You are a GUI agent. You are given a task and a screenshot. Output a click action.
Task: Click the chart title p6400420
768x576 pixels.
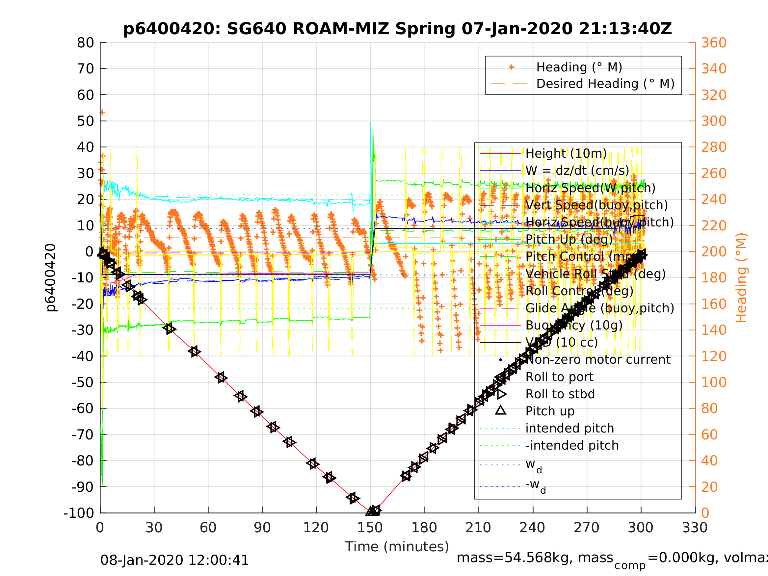pyautogui.click(x=397, y=29)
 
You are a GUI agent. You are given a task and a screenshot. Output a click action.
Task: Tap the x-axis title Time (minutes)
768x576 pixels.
pyautogui.click(x=397, y=546)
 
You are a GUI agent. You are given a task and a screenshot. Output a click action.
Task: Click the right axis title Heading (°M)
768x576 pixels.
pyautogui.click(x=741, y=278)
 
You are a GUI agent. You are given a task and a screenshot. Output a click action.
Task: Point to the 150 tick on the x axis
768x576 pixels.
pyautogui.click(x=370, y=528)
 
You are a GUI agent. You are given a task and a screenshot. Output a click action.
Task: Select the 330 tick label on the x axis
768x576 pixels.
pyautogui.click(x=695, y=528)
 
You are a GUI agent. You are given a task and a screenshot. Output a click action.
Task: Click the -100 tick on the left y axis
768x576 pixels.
pyautogui.click(x=79, y=513)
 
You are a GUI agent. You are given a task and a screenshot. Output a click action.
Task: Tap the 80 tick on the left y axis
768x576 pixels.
pyautogui.click(x=85, y=43)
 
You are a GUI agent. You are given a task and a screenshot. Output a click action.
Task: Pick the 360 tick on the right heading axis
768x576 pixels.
pyautogui.click(x=714, y=43)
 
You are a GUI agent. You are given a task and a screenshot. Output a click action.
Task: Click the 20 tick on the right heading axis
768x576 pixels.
pyautogui.click(x=709, y=487)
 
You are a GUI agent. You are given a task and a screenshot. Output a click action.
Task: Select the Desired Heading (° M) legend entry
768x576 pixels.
pyautogui.click(x=605, y=84)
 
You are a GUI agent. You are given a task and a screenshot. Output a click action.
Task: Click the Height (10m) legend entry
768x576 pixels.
pyautogui.click(x=566, y=153)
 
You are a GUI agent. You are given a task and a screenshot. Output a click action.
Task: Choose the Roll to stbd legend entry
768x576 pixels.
pyautogui.click(x=560, y=394)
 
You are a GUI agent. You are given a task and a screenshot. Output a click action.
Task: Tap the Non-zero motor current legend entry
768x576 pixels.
pyautogui.click(x=598, y=360)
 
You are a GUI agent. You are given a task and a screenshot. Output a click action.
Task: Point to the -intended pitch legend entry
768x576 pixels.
pyautogui.click(x=572, y=445)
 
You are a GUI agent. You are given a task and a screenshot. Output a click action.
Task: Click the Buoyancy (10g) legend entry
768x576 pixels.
pyautogui.click(x=573, y=325)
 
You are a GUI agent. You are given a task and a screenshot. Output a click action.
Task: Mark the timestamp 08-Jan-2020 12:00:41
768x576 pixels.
pyautogui.click(x=174, y=561)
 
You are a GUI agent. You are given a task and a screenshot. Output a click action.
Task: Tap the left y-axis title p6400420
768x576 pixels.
pyautogui.click(x=51, y=278)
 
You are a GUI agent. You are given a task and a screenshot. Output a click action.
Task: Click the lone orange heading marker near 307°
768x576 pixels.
pyautogui.click(x=102, y=113)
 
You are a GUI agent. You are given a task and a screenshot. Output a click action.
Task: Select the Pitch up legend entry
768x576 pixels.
pyautogui.click(x=550, y=411)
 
